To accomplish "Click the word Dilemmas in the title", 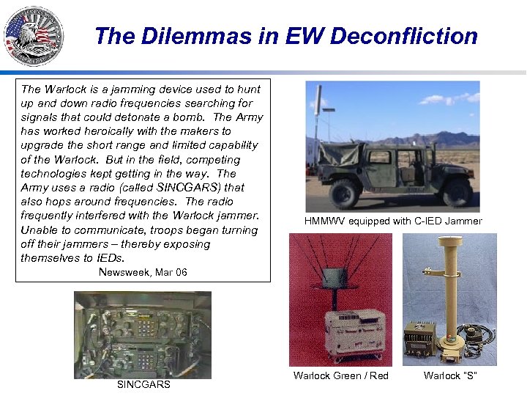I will click(191, 36).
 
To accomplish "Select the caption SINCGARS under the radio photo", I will click(143, 385).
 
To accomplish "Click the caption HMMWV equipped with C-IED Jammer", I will click(393, 221).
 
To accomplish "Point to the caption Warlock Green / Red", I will click(340, 375).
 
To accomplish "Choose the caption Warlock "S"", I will click(450, 375).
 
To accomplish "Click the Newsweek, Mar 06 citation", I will click(143, 272).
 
